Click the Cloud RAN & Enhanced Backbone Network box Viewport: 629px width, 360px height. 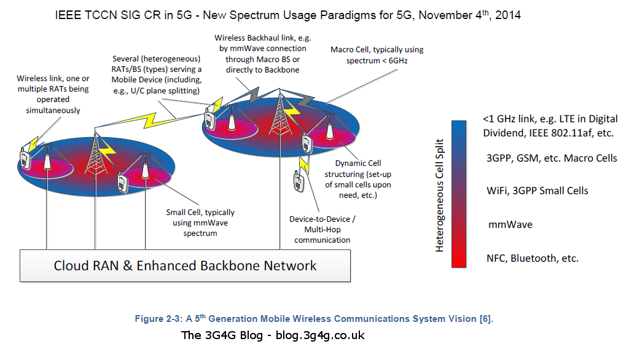tap(185, 265)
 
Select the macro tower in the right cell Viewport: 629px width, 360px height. tap(279, 114)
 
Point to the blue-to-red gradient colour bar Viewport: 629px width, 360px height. tap(458, 194)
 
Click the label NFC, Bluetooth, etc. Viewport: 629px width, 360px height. tap(533, 258)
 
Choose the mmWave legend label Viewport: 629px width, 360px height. tap(510, 224)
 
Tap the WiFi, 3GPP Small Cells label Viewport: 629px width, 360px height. tap(537, 190)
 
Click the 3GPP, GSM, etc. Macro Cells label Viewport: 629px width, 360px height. tap(552, 158)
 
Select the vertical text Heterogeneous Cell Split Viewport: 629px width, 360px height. tap(440, 195)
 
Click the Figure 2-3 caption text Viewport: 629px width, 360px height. tap(314, 319)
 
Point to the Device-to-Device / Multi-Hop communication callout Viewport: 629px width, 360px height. tap(322, 230)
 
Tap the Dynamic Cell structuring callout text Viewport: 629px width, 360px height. tap(358, 179)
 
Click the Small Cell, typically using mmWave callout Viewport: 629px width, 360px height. tap(200, 223)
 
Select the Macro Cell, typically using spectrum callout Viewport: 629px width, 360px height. tap(377, 55)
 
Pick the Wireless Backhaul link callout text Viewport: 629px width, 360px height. tap(262, 54)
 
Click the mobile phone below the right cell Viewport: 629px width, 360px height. tap(299, 181)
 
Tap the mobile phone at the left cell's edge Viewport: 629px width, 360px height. tap(25, 158)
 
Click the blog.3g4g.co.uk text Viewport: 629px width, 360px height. tap(320, 335)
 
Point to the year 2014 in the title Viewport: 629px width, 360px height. tap(508, 15)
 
